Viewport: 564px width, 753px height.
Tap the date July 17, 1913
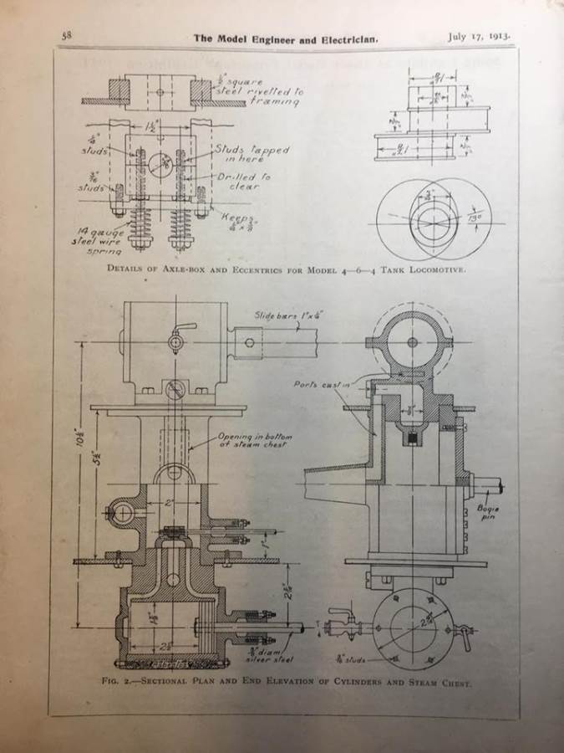tap(479, 37)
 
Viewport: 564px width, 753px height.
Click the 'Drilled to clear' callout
tap(238, 182)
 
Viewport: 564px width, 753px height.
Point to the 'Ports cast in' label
tap(314, 384)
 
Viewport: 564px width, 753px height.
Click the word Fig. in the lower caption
tap(109, 682)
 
